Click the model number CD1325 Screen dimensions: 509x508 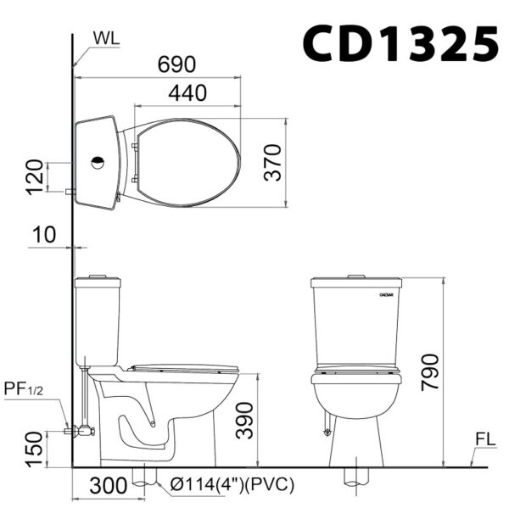[400, 43]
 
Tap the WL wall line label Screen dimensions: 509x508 [106, 39]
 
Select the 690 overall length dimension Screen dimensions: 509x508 [177, 64]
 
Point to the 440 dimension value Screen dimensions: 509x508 [187, 93]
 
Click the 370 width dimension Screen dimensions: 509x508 [272, 163]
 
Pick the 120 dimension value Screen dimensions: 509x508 [35, 177]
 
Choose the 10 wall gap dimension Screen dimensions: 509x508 [44, 235]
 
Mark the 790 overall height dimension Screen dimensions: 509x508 [430, 372]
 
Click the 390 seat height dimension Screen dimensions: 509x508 [244, 421]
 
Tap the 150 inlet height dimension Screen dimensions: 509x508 [35, 449]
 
